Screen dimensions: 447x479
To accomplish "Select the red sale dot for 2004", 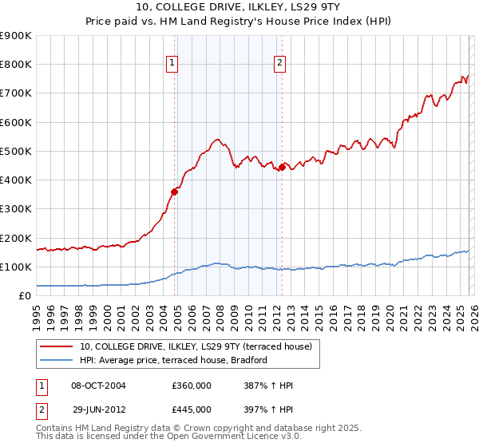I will click(174, 191).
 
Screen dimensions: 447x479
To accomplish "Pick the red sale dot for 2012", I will click(282, 167).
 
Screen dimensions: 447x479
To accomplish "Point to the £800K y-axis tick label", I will click(16, 65).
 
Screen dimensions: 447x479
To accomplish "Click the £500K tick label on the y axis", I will click(16, 151).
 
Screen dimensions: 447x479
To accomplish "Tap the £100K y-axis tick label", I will click(16, 267).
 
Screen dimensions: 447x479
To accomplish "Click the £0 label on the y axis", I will click(23, 295).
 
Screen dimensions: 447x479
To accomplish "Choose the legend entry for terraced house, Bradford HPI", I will click(173, 360).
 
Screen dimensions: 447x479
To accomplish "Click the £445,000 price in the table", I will click(192, 409).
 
